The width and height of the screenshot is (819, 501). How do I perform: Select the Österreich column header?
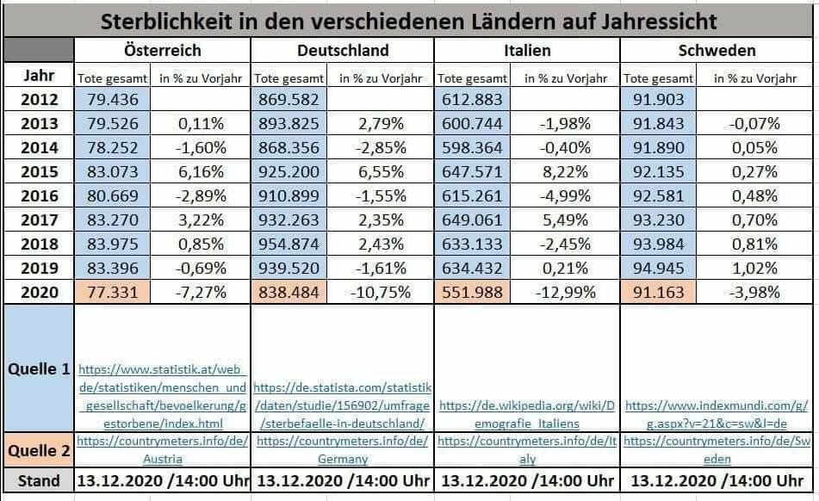point(162,50)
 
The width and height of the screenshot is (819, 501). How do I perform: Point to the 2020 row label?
point(40,292)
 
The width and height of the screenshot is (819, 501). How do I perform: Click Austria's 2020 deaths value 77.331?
point(107,292)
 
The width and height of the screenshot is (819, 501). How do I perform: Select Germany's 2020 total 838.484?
point(290,292)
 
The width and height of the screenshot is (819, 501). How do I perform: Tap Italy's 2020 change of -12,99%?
point(565,292)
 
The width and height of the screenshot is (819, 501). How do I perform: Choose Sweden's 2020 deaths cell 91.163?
point(656,292)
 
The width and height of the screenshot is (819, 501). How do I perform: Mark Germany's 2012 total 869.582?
point(290,99)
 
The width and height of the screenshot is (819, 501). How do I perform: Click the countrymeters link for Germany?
point(342,449)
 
